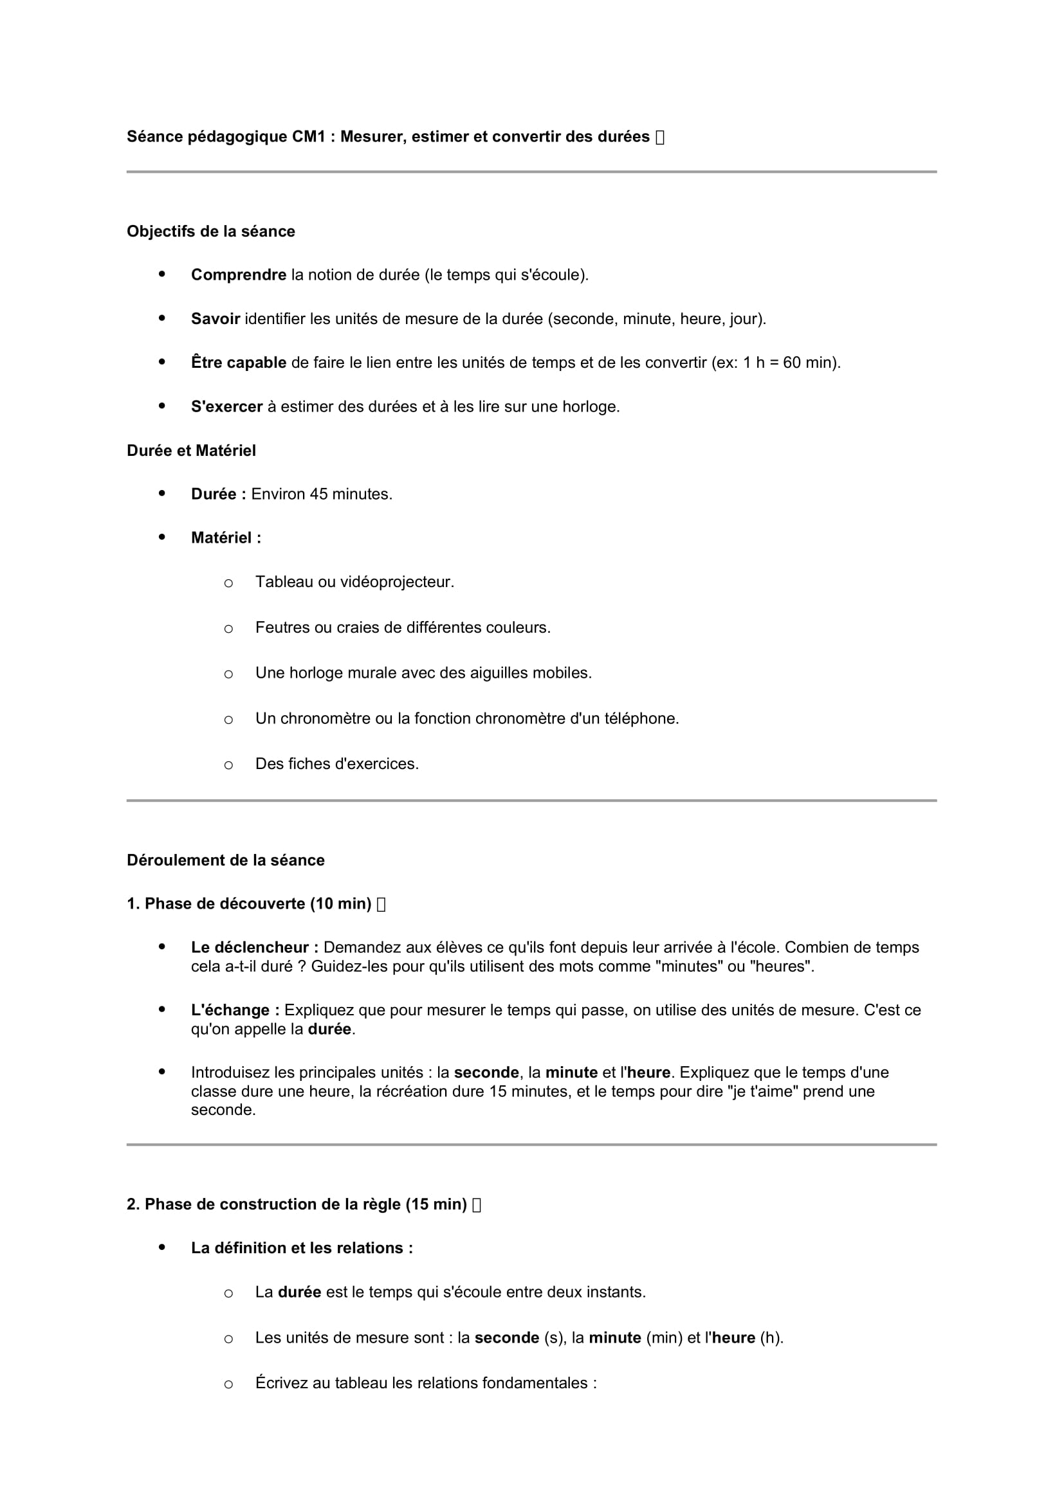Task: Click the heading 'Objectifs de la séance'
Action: [210, 231]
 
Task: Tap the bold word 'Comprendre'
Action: [239, 275]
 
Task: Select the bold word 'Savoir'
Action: [216, 319]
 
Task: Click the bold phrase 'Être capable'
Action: [239, 362]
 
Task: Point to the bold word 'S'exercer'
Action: [226, 407]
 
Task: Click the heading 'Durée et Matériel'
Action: [191, 451]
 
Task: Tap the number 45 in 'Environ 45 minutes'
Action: [318, 494]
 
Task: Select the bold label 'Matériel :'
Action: [226, 538]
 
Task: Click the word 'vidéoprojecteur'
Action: [397, 582]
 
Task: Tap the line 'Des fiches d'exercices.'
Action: [336, 764]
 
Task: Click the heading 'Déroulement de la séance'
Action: [225, 860]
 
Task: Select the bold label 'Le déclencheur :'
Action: [255, 947]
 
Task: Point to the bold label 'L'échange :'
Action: [235, 1010]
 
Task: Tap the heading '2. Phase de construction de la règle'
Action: [296, 1204]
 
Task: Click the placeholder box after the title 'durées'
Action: [660, 137]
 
